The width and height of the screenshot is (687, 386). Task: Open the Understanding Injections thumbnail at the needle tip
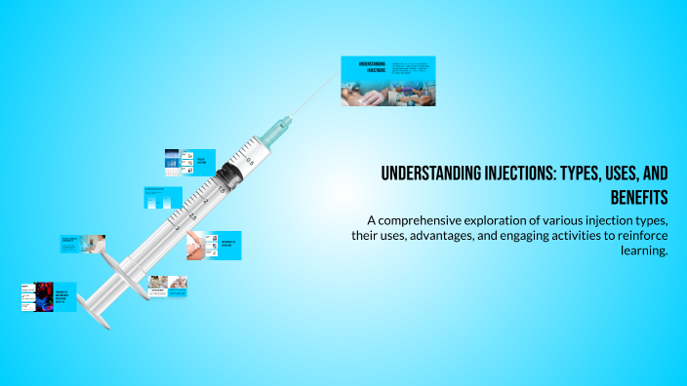coord(387,81)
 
